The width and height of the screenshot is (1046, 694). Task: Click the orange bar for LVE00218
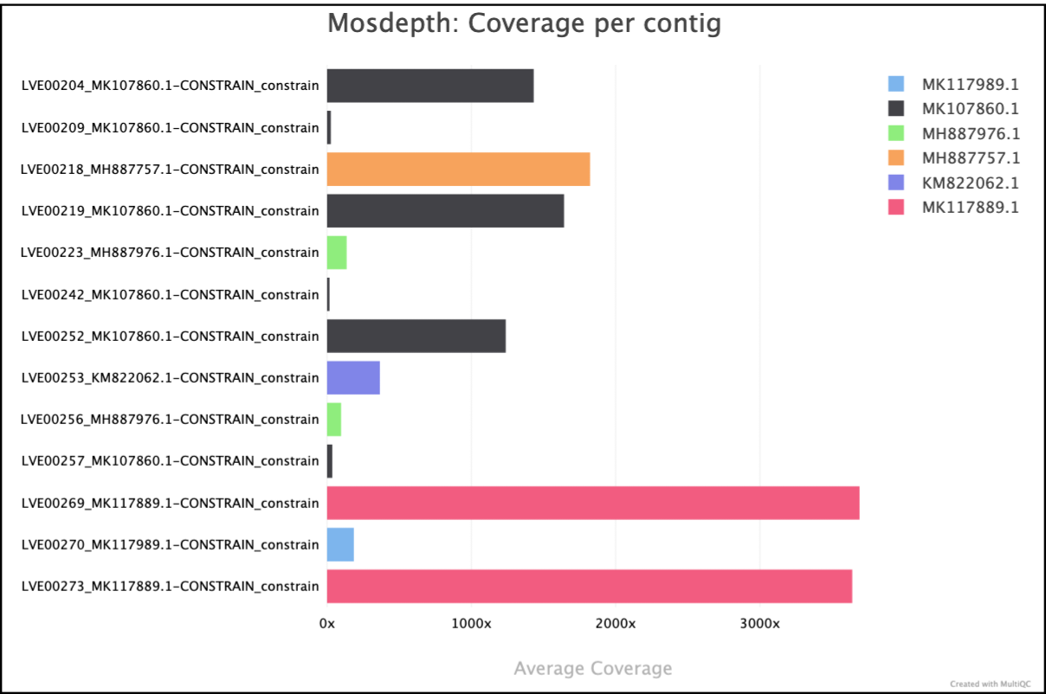458,169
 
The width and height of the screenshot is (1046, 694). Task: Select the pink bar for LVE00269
592,503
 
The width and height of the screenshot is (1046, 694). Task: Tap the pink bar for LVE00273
589,586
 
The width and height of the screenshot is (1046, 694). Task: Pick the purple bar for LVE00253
353,377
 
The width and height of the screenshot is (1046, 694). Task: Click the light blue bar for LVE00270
340,544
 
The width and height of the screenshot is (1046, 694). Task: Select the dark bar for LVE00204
429,86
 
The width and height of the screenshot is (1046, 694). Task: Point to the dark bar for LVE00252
416,336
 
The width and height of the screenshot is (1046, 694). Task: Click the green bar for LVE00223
337,253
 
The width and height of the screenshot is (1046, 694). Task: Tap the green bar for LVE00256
334,419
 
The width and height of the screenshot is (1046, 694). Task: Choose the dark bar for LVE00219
445,210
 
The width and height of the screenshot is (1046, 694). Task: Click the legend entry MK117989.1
970,84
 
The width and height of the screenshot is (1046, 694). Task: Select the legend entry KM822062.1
970,183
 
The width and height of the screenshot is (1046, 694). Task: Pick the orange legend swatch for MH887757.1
896,157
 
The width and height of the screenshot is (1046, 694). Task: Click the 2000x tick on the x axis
616,623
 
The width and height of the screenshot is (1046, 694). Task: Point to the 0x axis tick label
327,623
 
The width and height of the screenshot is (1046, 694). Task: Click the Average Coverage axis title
592,668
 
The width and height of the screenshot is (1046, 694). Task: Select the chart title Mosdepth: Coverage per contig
524,23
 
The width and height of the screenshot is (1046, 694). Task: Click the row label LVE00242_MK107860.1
170,294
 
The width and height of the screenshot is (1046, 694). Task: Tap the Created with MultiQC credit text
990,683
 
